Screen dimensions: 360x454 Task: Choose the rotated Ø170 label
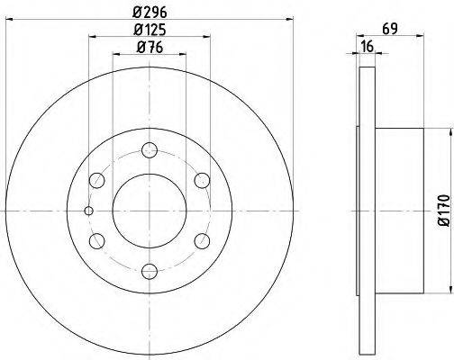(x=442, y=210)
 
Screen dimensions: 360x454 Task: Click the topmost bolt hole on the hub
(x=149, y=149)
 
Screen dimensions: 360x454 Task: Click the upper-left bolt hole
(x=97, y=178)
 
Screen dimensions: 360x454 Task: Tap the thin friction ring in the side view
(x=366, y=209)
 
